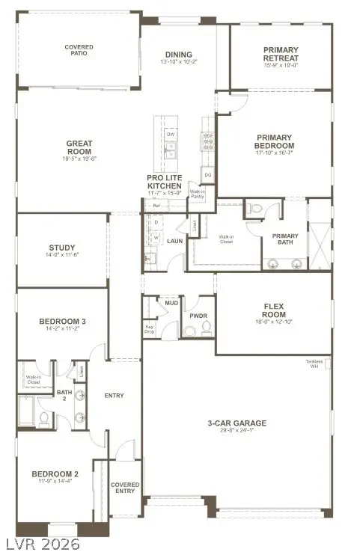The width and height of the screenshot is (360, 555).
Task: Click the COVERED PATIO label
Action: pyautogui.click(x=79, y=50)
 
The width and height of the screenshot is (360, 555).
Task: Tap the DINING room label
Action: pyautogui.click(x=179, y=55)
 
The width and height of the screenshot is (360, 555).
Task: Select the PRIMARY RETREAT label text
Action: pyautogui.click(x=281, y=54)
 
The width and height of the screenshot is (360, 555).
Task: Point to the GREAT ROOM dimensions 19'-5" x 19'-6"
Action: pyautogui.click(x=79, y=159)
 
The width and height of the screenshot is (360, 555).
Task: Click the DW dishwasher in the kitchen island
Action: pyautogui.click(x=170, y=134)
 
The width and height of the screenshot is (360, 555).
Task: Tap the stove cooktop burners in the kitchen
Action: pyautogui.click(x=207, y=141)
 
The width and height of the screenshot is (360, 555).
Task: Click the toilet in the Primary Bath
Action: pyautogui.click(x=254, y=210)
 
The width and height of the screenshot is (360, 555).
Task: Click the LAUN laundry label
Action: pyautogui.click(x=175, y=241)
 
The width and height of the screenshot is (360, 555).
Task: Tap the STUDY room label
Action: pyautogui.click(x=61, y=248)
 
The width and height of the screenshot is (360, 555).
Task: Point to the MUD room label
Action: pyautogui.click(x=171, y=304)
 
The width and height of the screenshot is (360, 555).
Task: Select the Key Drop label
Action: pyautogui.click(x=150, y=328)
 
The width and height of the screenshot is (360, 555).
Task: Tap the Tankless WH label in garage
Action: pyautogui.click(x=314, y=364)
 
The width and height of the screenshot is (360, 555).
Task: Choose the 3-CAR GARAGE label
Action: pyautogui.click(x=237, y=423)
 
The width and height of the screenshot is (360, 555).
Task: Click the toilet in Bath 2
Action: pyautogui.click(x=43, y=417)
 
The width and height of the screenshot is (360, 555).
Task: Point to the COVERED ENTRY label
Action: pyautogui.click(x=125, y=488)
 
